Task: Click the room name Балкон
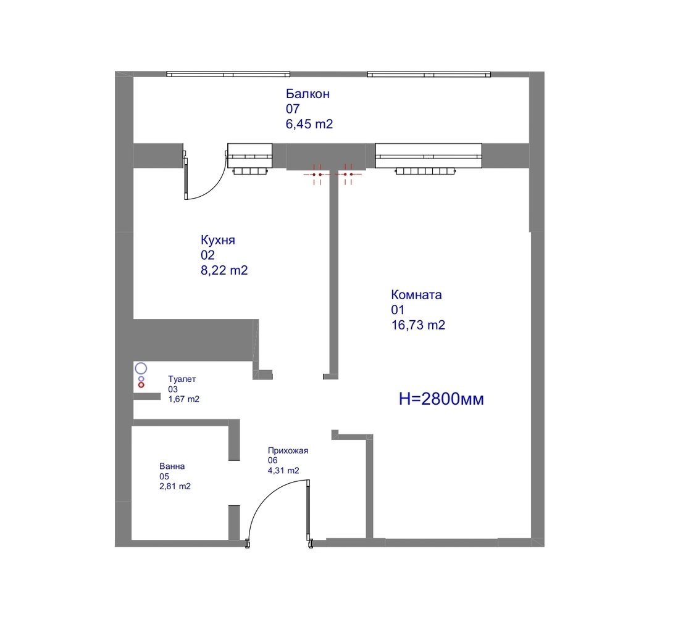pos(307,94)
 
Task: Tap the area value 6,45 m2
pos(309,124)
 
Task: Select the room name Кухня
pos(218,239)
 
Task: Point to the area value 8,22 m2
pos(224,270)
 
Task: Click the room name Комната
pos(416,294)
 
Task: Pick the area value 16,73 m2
pos(418,325)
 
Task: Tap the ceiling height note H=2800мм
pos(441,399)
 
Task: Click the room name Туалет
pos(182,379)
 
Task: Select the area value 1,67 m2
pos(184,399)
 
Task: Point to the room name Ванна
pos(172,466)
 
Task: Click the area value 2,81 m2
pos(175,487)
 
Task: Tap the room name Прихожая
pos(288,450)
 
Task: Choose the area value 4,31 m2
pos(283,471)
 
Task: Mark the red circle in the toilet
pos(141,385)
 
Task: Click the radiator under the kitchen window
pos(251,172)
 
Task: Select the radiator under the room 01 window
pos(425,172)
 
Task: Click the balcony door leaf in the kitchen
pos(186,179)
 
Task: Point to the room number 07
pos(293,109)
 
